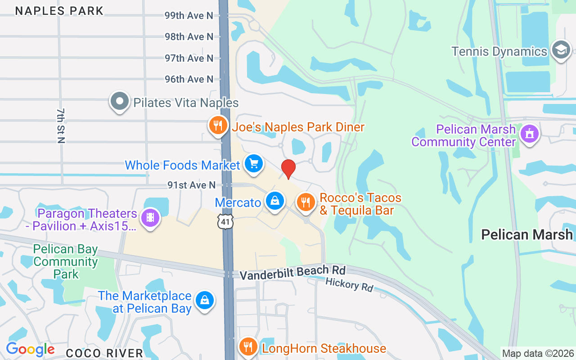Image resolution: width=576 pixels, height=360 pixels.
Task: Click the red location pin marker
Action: click(x=288, y=168)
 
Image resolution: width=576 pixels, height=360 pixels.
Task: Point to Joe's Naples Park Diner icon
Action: click(x=218, y=126)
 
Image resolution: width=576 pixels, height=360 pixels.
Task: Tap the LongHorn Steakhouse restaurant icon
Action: click(x=247, y=347)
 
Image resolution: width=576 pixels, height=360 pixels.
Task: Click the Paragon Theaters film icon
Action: click(x=150, y=218)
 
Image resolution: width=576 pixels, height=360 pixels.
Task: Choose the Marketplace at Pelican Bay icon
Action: click(x=205, y=300)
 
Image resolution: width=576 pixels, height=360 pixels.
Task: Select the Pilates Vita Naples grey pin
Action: click(x=119, y=101)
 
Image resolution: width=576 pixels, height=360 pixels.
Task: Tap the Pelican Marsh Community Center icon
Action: click(x=529, y=134)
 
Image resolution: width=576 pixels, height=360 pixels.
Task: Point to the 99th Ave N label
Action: click(x=189, y=16)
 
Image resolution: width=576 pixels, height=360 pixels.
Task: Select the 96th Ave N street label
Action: click(x=189, y=79)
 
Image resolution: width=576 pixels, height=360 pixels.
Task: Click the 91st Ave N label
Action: click(x=191, y=185)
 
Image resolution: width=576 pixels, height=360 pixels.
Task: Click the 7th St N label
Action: click(x=61, y=126)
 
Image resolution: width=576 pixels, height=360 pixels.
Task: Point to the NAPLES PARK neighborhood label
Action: click(x=59, y=11)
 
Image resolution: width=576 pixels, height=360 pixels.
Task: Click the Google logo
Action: click(x=30, y=349)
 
